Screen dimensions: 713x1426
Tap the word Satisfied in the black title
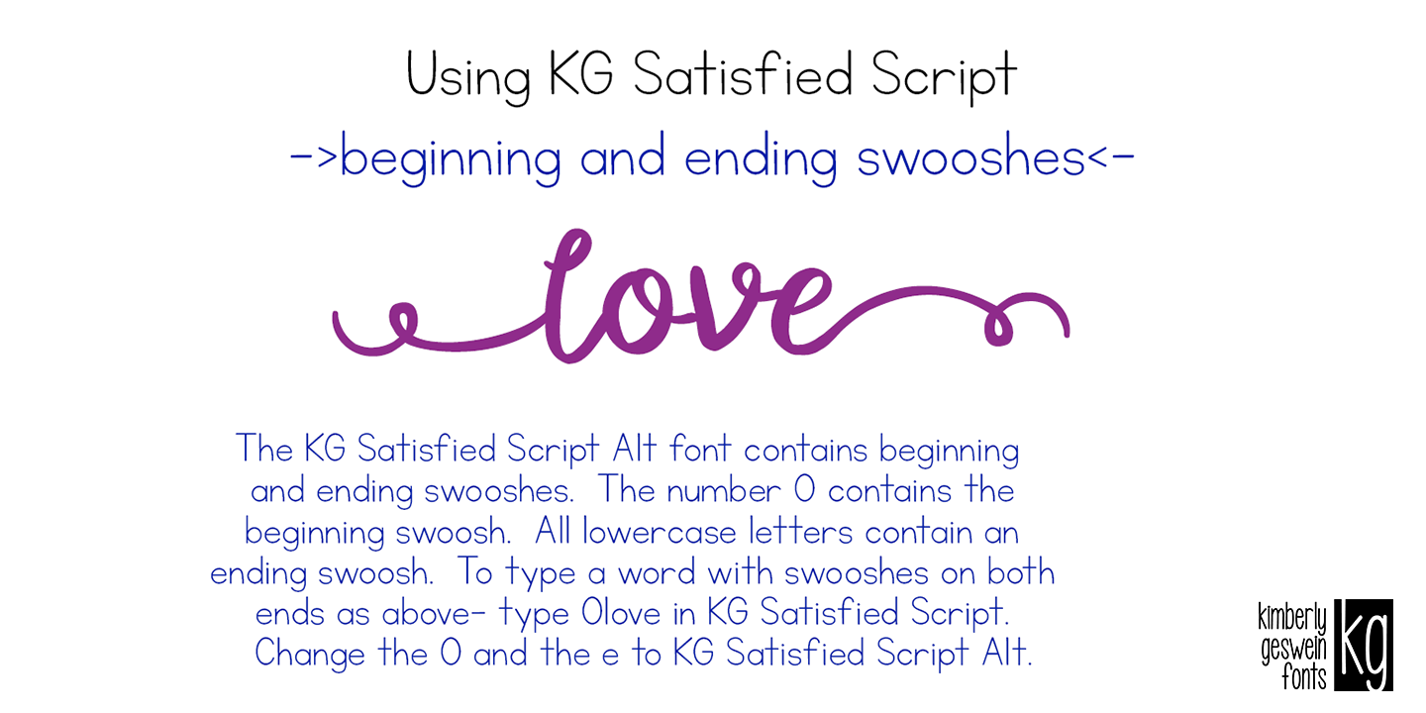(741, 74)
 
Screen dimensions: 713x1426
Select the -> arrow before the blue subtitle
(314, 158)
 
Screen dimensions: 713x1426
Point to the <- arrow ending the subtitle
(1110, 158)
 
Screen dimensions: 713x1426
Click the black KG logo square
(1363, 645)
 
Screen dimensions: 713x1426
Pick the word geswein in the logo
(1292, 650)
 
